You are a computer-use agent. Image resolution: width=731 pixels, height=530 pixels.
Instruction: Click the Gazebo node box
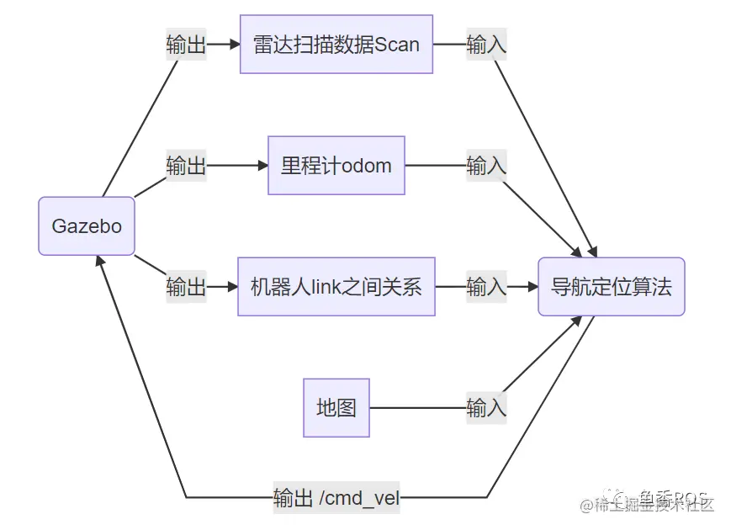(87, 226)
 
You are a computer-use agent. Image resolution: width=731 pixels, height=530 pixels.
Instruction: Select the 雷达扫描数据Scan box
(336, 45)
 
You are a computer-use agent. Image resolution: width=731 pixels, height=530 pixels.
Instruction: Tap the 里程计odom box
(336, 166)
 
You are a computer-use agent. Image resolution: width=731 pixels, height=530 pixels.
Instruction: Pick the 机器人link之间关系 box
(336, 287)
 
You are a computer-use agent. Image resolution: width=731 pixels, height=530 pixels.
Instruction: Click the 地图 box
(336, 408)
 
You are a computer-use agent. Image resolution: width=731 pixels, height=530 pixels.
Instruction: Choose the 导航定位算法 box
(611, 287)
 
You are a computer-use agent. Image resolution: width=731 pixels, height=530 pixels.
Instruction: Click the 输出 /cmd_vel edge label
(336, 497)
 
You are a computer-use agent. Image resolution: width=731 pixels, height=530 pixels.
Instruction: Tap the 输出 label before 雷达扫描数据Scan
(186, 45)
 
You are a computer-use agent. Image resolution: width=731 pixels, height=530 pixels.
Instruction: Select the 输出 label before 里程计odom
(186, 166)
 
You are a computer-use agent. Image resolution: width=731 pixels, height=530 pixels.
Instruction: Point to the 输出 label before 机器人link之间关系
(186, 287)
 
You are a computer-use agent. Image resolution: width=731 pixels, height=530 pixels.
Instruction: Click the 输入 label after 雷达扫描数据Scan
(486, 45)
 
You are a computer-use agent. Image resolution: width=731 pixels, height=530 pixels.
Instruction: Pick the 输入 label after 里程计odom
(486, 166)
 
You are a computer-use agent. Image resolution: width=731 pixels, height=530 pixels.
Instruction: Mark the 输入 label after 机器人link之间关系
(486, 287)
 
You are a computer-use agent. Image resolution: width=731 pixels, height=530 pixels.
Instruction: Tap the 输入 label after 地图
(486, 408)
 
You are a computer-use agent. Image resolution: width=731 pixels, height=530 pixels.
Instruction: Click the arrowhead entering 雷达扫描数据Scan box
(234, 45)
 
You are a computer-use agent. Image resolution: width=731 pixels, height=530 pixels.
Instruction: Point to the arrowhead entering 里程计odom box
(262, 166)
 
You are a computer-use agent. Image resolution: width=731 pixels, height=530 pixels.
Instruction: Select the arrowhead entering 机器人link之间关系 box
(232, 287)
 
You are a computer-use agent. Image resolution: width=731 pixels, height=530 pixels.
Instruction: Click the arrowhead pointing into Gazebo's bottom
(101, 262)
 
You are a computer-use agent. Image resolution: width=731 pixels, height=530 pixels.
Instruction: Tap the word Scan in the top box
(397, 45)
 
